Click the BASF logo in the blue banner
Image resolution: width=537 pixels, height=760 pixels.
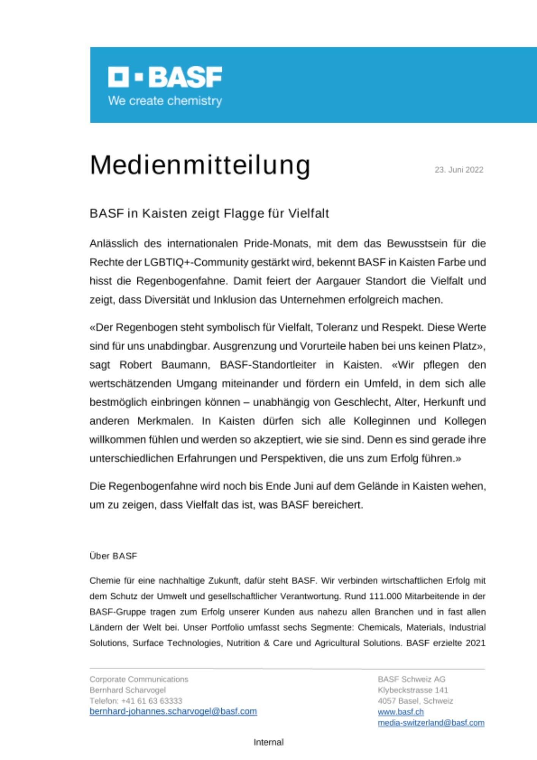coord(165,77)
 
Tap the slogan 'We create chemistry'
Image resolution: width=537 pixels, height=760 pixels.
coord(165,101)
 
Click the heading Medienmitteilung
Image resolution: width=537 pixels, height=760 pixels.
coord(200,165)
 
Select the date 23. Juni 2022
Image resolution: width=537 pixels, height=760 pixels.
coord(459,170)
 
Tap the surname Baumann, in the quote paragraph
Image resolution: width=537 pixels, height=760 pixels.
coord(186,365)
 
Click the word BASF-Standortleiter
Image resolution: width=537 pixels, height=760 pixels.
coord(268,365)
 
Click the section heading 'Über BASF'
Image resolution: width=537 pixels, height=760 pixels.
coord(113,556)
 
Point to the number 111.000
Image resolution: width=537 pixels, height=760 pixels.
coord(385,596)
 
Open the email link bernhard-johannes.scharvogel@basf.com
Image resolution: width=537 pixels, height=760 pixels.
coord(173,711)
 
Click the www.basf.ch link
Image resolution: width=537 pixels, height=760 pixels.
coord(401,712)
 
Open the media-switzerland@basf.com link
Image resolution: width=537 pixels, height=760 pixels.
coord(431,723)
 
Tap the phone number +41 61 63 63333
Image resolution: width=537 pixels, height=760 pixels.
coord(152,701)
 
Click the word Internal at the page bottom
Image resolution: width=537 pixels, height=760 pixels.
coord(268,742)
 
